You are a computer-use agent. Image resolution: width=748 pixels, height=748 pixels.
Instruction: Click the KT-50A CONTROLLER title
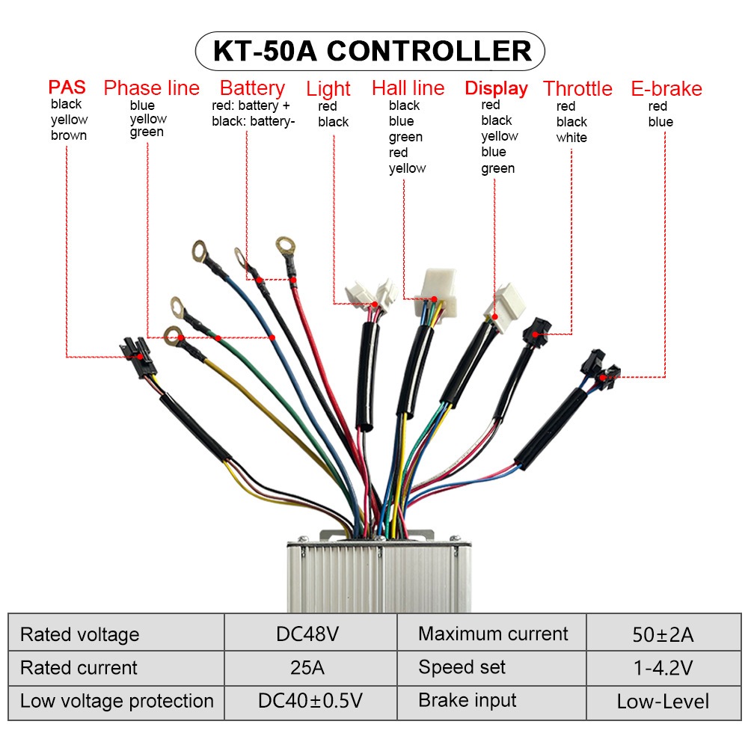[x=372, y=51]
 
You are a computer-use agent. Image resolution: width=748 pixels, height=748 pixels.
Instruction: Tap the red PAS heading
[x=67, y=88]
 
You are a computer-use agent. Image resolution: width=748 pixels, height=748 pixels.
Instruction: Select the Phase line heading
[x=151, y=88]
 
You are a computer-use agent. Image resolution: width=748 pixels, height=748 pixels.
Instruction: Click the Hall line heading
[x=408, y=88]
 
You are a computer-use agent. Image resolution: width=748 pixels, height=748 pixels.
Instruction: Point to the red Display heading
[x=496, y=88]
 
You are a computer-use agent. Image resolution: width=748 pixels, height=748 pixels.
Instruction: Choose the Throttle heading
[x=577, y=88]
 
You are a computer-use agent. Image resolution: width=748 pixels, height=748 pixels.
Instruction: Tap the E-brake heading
[x=666, y=88]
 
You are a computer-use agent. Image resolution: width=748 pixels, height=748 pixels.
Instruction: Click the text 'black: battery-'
[x=254, y=121]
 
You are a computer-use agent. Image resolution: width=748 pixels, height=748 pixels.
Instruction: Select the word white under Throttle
[x=571, y=138]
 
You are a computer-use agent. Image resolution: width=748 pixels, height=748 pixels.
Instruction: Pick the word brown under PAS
[x=69, y=135]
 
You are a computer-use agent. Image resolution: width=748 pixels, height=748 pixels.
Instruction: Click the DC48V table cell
[x=307, y=634]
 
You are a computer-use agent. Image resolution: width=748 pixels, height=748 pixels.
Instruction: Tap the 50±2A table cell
[x=663, y=635]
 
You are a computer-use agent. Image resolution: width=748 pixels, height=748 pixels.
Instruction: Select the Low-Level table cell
[x=663, y=702]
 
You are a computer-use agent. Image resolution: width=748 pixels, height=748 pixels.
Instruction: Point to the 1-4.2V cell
[x=663, y=668]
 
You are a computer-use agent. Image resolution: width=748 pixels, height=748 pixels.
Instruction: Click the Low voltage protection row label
[x=117, y=701]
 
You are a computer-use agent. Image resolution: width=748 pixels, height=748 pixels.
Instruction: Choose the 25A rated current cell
[x=307, y=667]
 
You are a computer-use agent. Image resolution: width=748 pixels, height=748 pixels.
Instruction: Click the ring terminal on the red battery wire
[x=285, y=245]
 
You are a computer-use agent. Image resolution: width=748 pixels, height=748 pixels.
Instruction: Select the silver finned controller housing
[x=378, y=572]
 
